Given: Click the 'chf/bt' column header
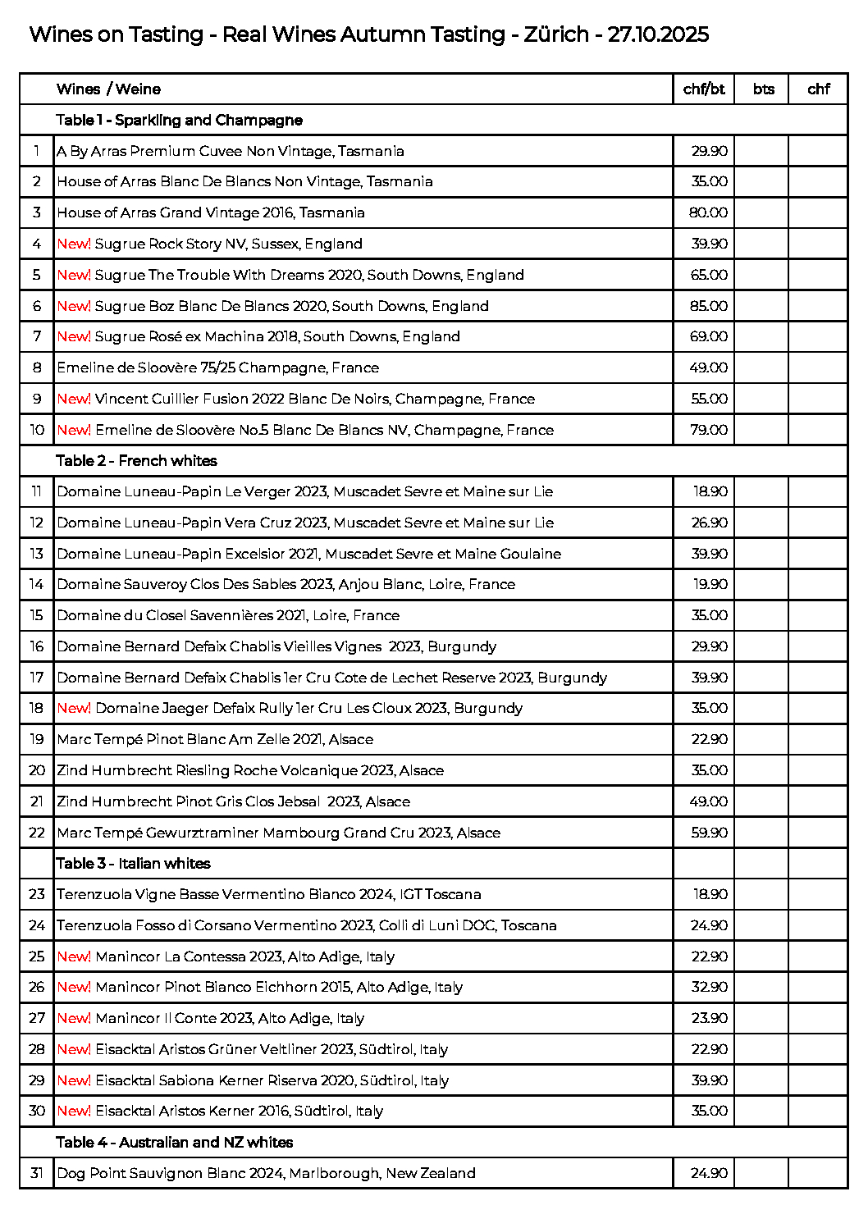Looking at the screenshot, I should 704,89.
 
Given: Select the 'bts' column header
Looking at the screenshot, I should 763,89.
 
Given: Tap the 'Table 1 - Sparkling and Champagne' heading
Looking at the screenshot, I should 179,121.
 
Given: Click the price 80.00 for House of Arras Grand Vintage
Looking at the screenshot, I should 708,212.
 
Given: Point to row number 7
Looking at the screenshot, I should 37,336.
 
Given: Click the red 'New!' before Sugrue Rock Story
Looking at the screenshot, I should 74,244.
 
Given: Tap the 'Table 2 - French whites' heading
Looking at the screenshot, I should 136,461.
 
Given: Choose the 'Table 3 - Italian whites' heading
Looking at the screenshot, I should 133,864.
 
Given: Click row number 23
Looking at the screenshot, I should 37,894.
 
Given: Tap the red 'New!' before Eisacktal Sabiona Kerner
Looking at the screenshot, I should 74,1080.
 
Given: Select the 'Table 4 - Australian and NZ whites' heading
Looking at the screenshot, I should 174,1143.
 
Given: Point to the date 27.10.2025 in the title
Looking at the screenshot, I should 658,34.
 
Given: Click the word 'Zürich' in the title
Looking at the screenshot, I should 556,34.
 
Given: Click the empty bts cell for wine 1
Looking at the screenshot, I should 761,151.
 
